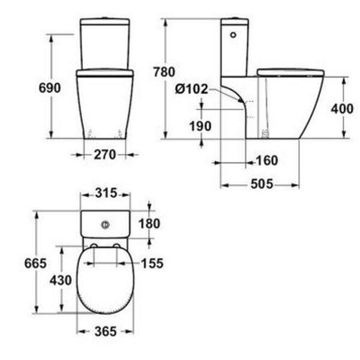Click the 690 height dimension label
[x=50, y=88]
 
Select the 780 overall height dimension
[x=164, y=72]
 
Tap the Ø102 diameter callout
[x=191, y=89]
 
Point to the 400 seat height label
[x=342, y=109]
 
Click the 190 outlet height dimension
[x=200, y=126]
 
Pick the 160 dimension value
[x=267, y=160]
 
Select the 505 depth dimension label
[x=262, y=184]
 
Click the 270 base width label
[x=105, y=155]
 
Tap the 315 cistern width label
[x=106, y=193]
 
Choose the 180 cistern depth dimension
[x=149, y=224]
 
